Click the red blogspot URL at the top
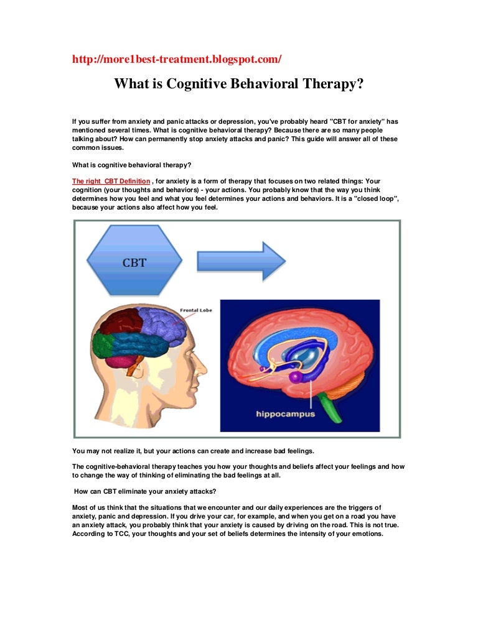pos(176,59)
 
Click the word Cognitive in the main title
pos(196,83)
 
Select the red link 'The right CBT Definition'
pos(111,182)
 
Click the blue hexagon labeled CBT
pos(134,261)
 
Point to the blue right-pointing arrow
pos(241,261)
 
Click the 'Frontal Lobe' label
pos(196,310)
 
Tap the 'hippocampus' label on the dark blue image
pos(286,414)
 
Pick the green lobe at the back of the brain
pos(99,346)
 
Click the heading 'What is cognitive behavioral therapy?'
pos(131,165)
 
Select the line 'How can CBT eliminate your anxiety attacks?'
pos(145,492)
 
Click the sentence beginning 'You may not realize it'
pos(193,451)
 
